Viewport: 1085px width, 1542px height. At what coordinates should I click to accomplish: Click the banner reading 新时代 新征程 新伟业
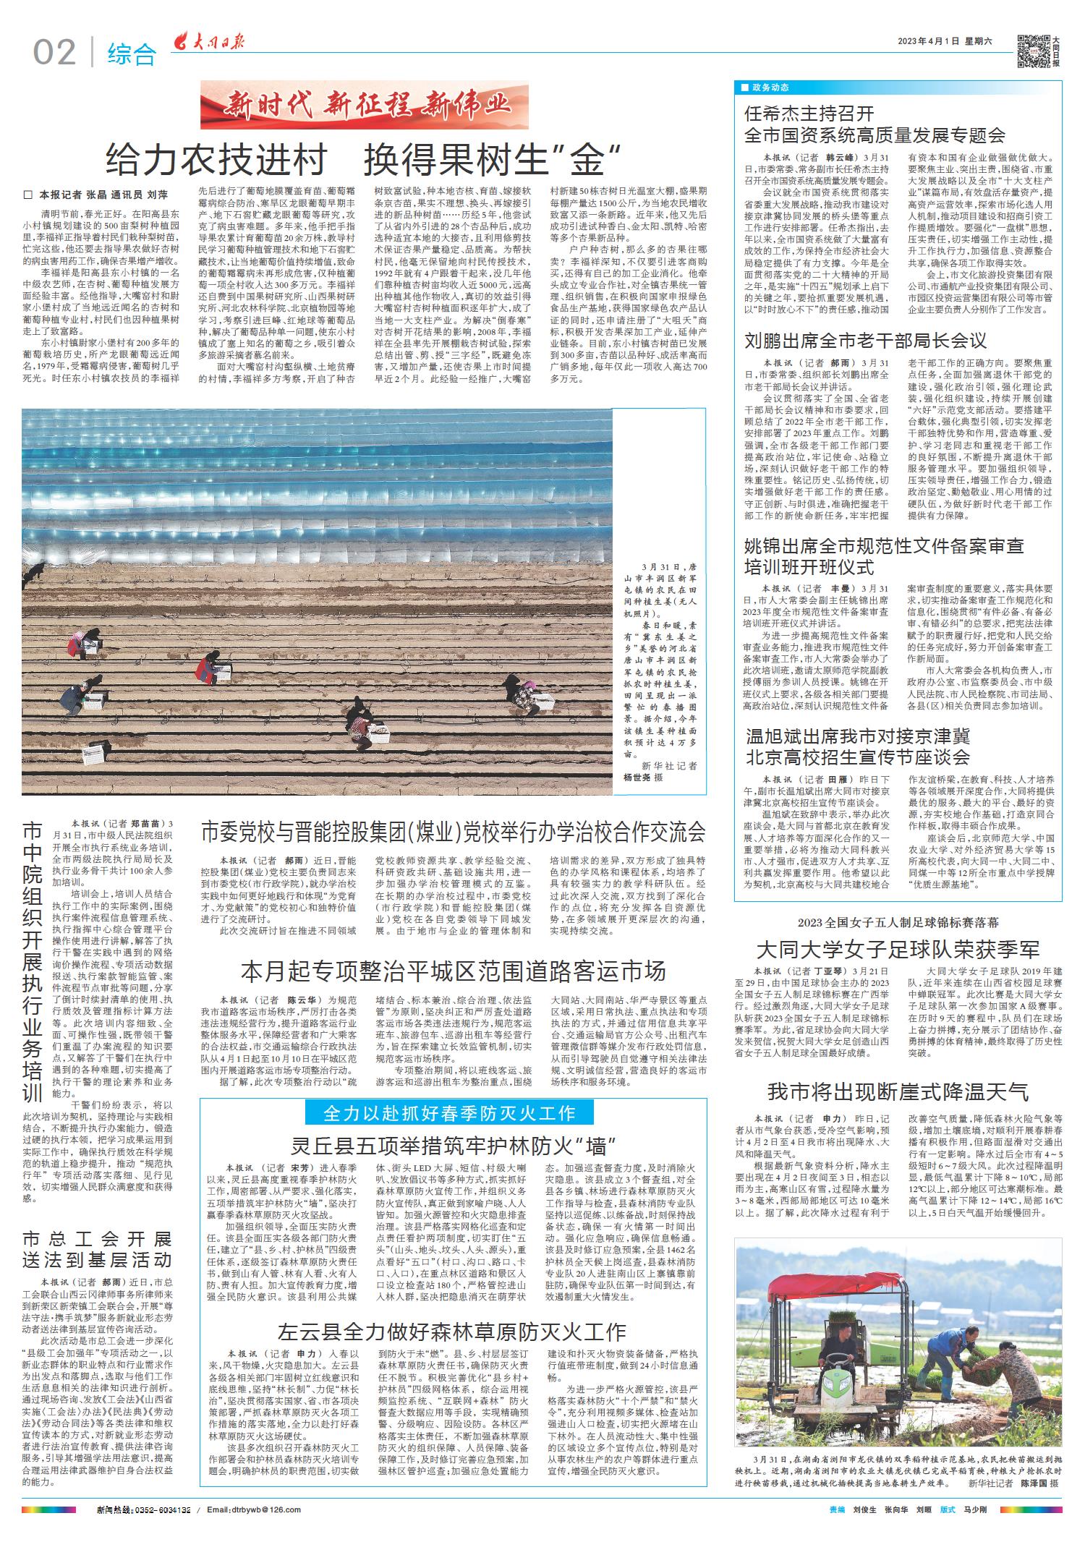(365, 106)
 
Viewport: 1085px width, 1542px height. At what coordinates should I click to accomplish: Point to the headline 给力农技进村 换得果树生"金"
(364, 159)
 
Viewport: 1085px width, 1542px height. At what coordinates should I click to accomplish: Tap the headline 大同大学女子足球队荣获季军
(898, 949)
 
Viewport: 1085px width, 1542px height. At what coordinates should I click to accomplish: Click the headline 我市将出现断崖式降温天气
(898, 1091)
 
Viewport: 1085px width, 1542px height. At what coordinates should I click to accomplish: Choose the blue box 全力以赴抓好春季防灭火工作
(449, 1112)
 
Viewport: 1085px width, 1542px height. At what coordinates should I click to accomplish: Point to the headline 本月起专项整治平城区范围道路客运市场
(453, 971)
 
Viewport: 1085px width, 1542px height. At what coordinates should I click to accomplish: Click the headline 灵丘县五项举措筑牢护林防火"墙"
(452, 1146)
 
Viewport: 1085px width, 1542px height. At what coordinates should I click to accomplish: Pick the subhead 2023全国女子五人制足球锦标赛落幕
(898, 923)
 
